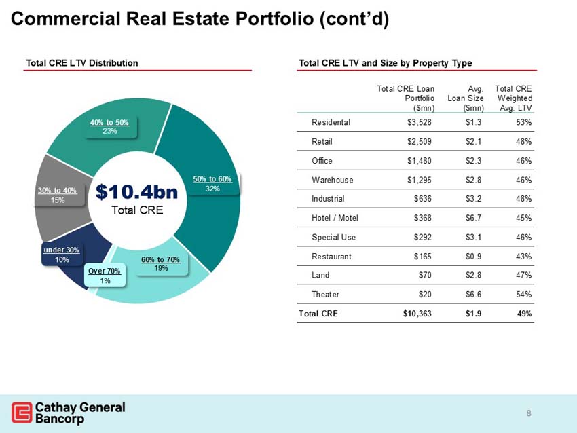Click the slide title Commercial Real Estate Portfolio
[200, 20]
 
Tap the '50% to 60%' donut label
[212, 183]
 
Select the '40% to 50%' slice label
[110, 126]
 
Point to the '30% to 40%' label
[58, 195]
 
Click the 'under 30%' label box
[62, 255]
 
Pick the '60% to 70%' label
[161, 263]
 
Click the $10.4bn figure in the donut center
[136, 192]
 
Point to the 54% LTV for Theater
[523, 295]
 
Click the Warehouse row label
[332, 180]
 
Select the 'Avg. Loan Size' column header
[466, 98]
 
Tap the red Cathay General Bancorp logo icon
[22, 413]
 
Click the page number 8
[529, 413]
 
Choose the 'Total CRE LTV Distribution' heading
[81, 63]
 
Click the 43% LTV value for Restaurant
[523, 257]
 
